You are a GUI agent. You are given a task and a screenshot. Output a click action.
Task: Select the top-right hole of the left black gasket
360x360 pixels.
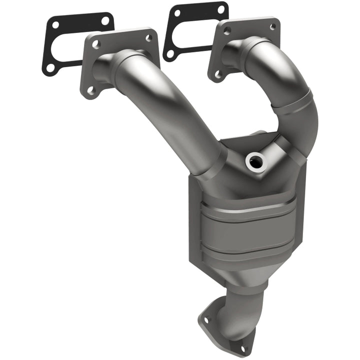coord(105,20)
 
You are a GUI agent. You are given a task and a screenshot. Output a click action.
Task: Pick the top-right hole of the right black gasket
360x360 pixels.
coord(220,9)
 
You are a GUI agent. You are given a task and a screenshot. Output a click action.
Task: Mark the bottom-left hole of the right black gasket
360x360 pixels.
coord(171,53)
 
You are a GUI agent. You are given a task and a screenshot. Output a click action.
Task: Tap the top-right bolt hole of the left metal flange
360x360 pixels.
coord(148,38)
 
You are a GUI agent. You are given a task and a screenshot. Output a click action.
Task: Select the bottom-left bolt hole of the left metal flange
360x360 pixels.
coord(90,90)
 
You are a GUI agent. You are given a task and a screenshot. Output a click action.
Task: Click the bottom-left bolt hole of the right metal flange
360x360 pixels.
coord(217,74)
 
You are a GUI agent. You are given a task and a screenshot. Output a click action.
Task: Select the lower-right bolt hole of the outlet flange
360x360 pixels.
coord(243,348)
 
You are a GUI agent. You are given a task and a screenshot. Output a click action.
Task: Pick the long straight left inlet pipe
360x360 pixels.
coord(165,115)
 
